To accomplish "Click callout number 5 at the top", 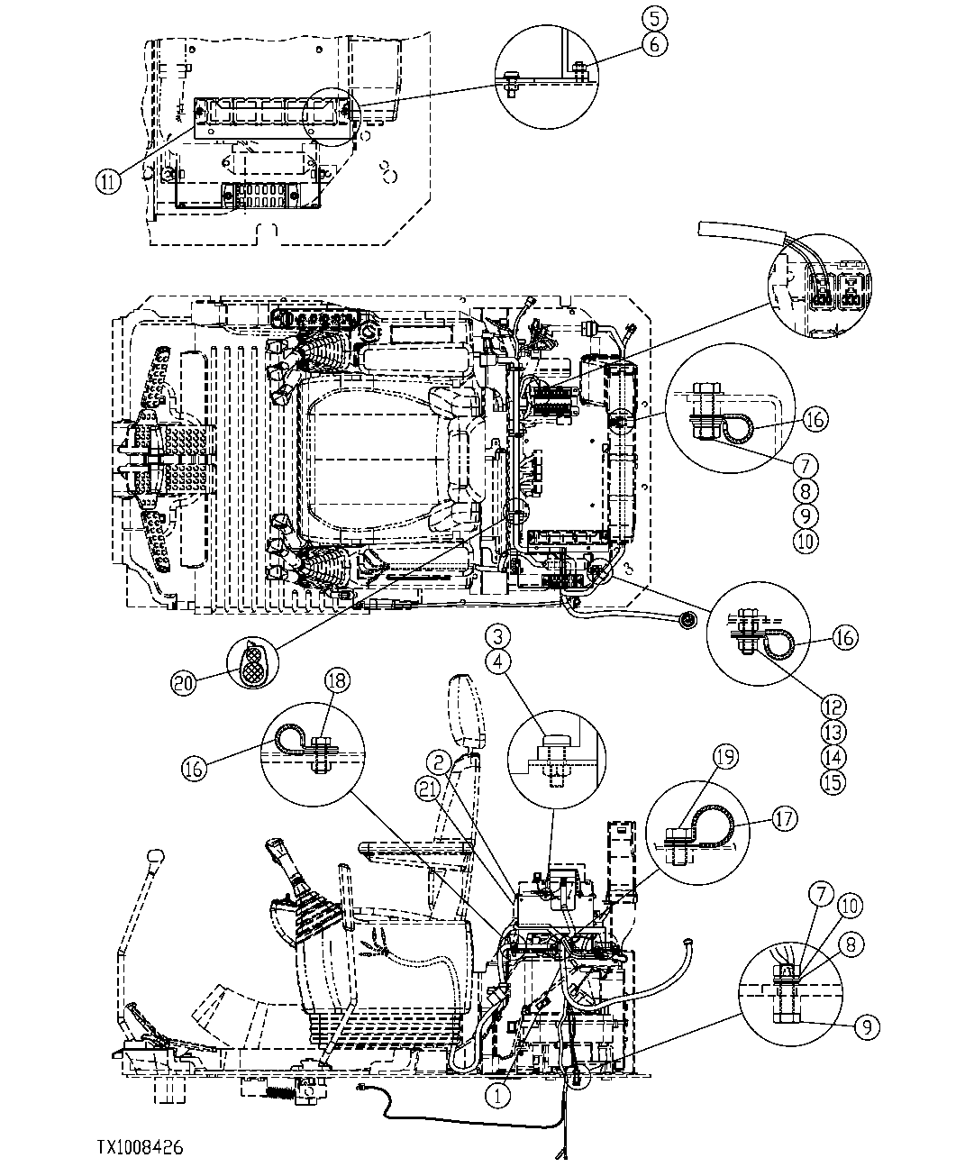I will pos(654,17).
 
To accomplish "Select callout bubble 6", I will pos(654,41).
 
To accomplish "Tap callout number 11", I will pos(107,181).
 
